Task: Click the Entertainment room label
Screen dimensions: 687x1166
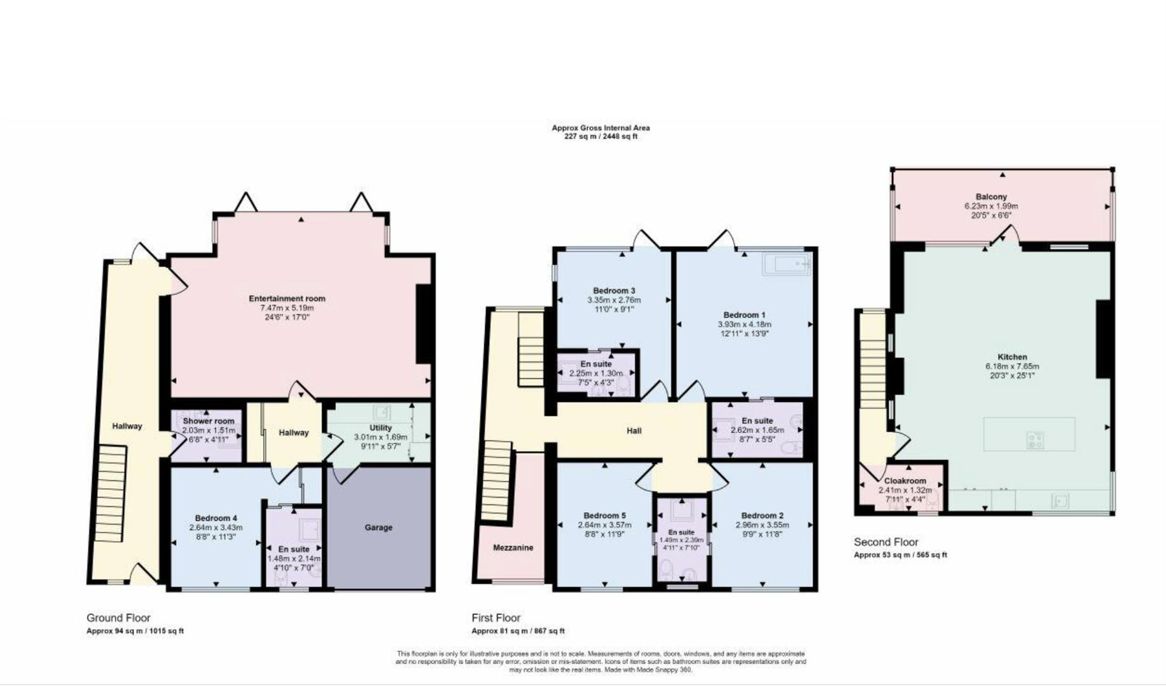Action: click(x=287, y=298)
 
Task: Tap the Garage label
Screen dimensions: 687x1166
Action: click(x=378, y=527)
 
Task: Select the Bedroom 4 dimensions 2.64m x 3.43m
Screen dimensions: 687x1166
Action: click(x=216, y=527)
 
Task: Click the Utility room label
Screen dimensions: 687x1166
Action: click(x=380, y=427)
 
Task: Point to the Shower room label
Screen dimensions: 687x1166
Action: click(x=209, y=421)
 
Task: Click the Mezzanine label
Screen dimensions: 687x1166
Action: click(x=513, y=548)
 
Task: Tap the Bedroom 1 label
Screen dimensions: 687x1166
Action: click(x=744, y=315)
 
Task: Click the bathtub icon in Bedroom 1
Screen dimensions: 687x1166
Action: click(x=786, y=264)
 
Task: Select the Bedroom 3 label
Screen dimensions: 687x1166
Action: click(x=614, y=291)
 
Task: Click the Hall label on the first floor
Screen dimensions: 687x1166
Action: click(x=634, y=431)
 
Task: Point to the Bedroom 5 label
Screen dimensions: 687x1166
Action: click(x=604, y=515)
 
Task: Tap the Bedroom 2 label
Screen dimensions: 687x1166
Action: click(x=762, y=515)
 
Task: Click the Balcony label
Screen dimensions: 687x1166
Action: click(x=991, y=197)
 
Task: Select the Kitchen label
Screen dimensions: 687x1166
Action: click(x=1012, y=357)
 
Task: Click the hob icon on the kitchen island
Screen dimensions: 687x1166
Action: click(x=1035, y=440)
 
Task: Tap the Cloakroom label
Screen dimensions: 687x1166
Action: click(x=905, y=481)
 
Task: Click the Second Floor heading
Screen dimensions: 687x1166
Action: click(x=885, y=542)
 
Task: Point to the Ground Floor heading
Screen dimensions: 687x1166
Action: click(x=118, y=618)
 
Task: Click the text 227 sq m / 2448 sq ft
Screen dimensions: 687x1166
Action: click(x=600, y=136)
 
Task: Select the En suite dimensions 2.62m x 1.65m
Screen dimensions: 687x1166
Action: click(x=757, y=430)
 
